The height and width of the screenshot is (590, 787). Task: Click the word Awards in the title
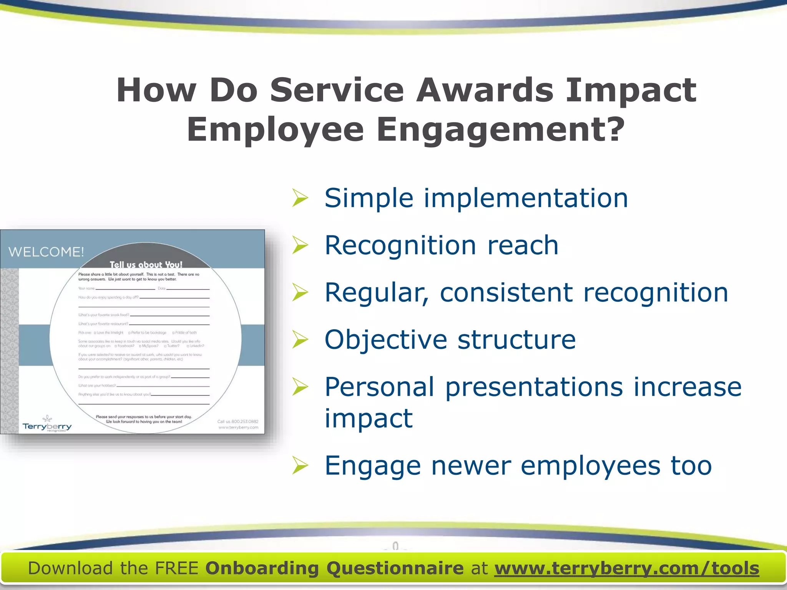click(485, 90)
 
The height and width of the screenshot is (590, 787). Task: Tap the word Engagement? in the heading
click(501, 130)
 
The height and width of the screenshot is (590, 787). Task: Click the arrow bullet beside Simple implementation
click(300, 198)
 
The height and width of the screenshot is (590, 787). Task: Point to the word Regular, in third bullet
click(377, 293)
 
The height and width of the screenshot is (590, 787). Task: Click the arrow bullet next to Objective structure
click(300, 340)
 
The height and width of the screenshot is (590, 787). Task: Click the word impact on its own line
click(369, 418)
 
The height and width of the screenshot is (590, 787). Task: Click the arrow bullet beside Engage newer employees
click(300, 466)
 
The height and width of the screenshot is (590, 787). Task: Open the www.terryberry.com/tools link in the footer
click(627, 568)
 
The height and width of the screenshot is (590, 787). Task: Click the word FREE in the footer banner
click(176, 568)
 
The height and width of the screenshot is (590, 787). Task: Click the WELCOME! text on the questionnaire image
click(46, 252)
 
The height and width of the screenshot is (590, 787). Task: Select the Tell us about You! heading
click(146, 265)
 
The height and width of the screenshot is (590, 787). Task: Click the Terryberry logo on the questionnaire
click(47, 425)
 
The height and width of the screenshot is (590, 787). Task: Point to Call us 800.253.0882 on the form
click(238, 421)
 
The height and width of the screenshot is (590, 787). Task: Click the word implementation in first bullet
click(526, 198)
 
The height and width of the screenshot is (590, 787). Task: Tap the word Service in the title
click(337, 90)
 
